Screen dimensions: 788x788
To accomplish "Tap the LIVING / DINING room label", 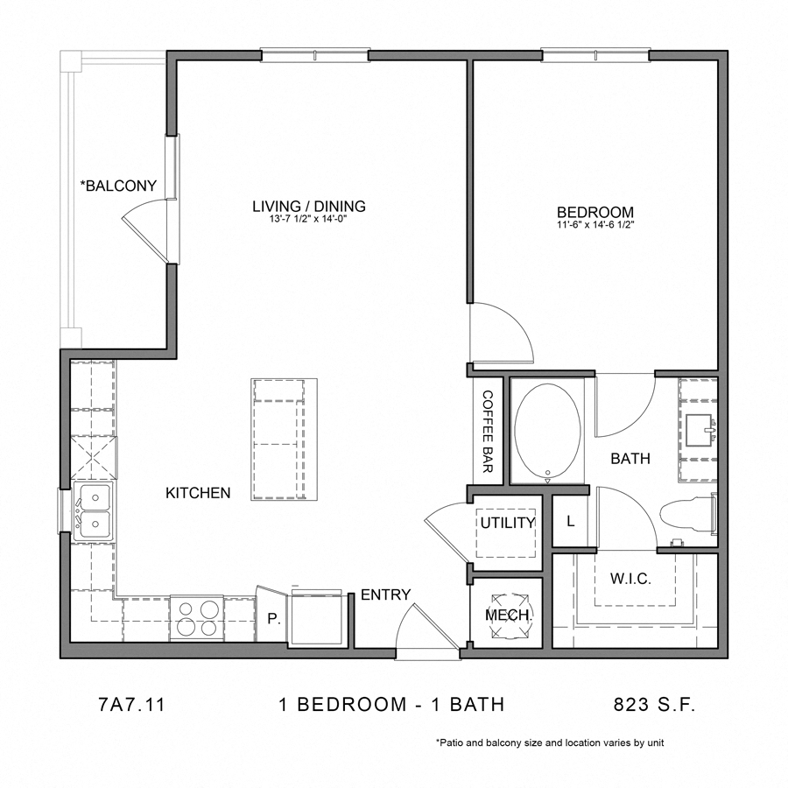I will [x=308, y=207].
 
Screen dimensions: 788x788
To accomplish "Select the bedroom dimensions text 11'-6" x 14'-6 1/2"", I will [x=595, y=225].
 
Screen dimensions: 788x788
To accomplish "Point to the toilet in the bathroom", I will [x=687, y=517].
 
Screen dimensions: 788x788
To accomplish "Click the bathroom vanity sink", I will [x=700, y=430].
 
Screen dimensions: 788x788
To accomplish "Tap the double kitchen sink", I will [x=92, y=511].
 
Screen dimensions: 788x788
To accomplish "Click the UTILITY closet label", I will [x=507, y=523].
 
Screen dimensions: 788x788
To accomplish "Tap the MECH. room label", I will [x=509, y=616].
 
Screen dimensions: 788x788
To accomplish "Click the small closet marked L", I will [x=570, y=522].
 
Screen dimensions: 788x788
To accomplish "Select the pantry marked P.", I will [x=272, y=618].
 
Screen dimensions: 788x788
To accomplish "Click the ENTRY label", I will [x=385, y=595].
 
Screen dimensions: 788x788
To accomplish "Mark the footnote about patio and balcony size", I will [x=550, y=742].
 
